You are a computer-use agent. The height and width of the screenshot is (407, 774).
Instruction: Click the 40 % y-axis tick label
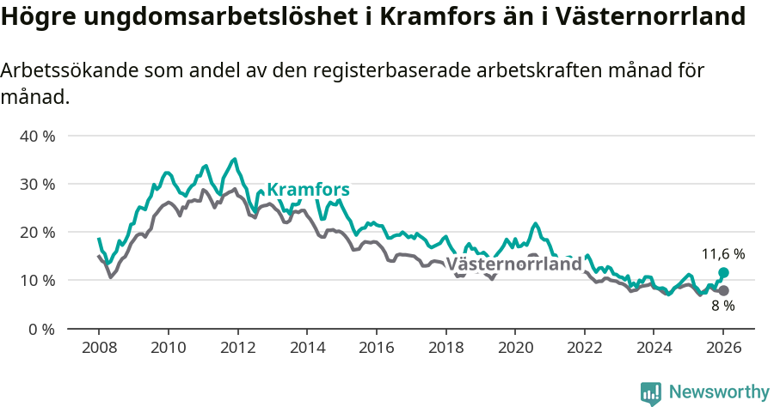[x=37, y=136]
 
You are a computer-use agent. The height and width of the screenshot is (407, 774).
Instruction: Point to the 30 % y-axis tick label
[x=37, y=184]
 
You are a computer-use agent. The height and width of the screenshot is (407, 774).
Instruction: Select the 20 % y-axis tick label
[x=37, y=232]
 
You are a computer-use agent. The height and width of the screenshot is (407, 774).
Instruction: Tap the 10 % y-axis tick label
[x=37, y=280]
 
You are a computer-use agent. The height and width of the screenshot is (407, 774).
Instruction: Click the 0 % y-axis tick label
[x=41, y=328]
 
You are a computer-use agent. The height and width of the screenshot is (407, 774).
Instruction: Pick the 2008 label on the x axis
[x=99, y=349]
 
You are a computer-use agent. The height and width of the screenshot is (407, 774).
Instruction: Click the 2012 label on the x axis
[x=237, y=349]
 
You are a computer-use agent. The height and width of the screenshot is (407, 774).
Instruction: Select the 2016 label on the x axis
[x=376, y=349]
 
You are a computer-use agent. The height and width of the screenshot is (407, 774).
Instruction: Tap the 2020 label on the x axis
[x=515, y=349]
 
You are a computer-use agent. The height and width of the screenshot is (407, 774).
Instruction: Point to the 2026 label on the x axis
[x=723, y=349]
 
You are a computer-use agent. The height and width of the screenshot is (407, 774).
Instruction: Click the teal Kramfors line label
[x=308, y=190]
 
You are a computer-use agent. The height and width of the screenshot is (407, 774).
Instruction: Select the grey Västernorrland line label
[x=514, y=264]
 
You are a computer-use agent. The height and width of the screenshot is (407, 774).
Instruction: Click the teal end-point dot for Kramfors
[x=723, y=272]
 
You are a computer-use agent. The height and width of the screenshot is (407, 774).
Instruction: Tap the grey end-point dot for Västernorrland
[x=723, y=290]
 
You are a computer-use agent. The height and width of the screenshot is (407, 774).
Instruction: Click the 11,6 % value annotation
[x=723, y=254]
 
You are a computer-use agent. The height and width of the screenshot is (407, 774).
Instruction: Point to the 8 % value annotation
[x=722, y=306]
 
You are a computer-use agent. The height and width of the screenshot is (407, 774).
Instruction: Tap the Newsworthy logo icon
[x=651, y=392]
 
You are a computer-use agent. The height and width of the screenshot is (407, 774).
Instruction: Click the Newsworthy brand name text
[x=718, y=392]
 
